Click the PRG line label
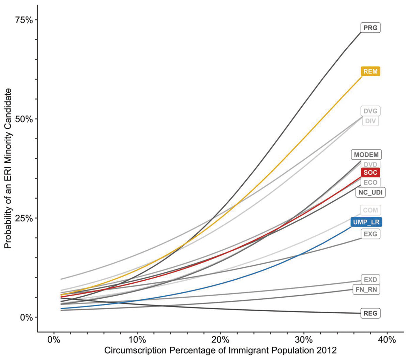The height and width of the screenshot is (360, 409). [x=370, y=28]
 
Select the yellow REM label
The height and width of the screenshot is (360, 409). [x=370, y=72]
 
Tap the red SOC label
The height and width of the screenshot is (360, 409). [x=370, y=172]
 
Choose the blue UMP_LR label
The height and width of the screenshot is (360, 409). [x=366, y=222]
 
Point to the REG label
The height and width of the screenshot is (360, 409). [x=370, y=313]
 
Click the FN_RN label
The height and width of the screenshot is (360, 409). [x=370, y=289]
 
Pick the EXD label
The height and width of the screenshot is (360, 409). [x=370, y=280]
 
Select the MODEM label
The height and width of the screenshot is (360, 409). [x=366, y=155]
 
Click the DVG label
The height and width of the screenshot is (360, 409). [x=370, y=111]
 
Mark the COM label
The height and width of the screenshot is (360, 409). [x=370, y=210]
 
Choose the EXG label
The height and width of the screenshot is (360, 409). [x=370, y=234]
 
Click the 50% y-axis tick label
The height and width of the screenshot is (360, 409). [x=24, y=119]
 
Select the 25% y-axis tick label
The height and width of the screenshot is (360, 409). [x=24, y=218]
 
